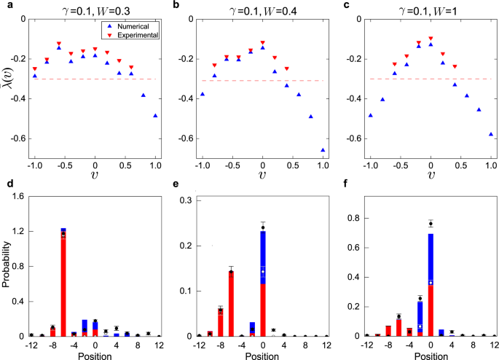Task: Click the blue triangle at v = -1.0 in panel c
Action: pos(370,115)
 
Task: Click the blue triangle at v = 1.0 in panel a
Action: pos(155,115)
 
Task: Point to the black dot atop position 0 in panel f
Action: pos(431,224)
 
